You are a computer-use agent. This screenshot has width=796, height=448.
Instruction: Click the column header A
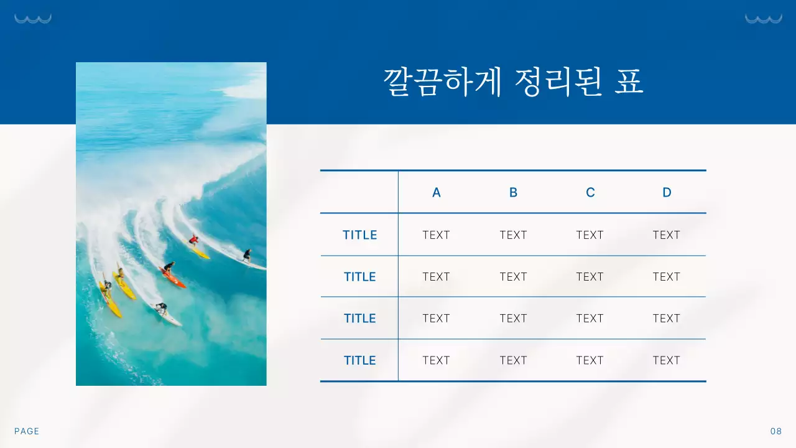pyautogui.click(x=437, y=192)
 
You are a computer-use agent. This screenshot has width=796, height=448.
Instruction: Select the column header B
pyautogui.click(x=513, y=192)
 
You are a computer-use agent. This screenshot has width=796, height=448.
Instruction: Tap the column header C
pyautogui.click(x=590, y=192)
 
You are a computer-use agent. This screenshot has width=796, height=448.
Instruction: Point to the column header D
pyautogui.click(x=667, y=192)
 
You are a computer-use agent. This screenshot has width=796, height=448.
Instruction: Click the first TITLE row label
pyautogui.click(x=360, y=235)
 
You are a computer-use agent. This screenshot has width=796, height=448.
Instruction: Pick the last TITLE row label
pyautogui.click(x=360, y=360)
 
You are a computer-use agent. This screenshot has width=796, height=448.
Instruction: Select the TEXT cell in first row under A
pyautogui.click(x=436, y=235)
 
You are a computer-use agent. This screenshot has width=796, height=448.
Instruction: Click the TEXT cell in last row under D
pyautogui.click(x=667, y=360)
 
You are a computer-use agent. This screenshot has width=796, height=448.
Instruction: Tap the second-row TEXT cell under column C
pyautogui.click(x=590, y=276)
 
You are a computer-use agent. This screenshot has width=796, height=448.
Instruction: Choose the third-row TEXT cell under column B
pyautogui.click(x=513, y=318)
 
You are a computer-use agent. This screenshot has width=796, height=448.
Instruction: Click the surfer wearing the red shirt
pyautogui.click(x=194, y=240)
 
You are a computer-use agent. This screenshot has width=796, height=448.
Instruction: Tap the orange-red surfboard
pyautogui.click(x=173, y=278)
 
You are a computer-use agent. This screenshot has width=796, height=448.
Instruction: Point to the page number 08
pyautogui.click(x=775, y=431)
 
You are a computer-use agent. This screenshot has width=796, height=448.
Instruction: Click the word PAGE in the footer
pyautogui.click(x=27, y=431)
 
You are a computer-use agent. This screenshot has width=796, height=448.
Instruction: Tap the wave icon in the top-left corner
pyautogui.click(x=33, y=19)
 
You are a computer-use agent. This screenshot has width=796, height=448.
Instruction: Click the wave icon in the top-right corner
pyautogui.click(x=763, y=19)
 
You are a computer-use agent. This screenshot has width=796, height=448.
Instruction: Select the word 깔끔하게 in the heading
pyautogui.click(x=442, y=83)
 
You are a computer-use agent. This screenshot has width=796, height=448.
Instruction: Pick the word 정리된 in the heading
pyautogui.click(x=558, y=83)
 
